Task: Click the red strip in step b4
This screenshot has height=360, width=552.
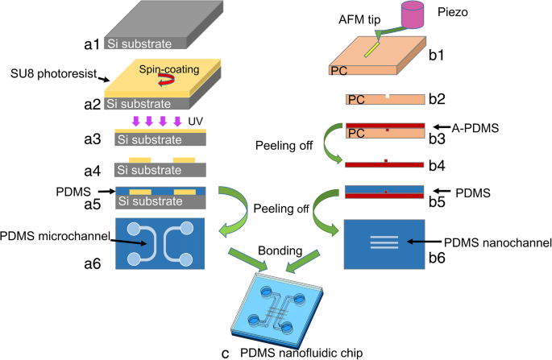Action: coord(385,164)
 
